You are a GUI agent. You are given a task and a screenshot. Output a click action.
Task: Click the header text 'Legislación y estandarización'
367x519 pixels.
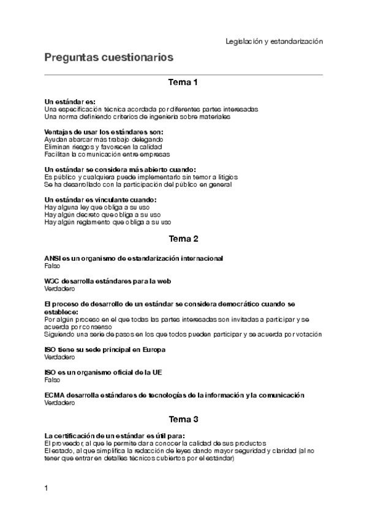pyautogui.click(x=274, y=41)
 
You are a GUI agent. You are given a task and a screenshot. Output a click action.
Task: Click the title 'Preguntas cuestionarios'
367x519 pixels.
pyautogui.click(x=109, y=58)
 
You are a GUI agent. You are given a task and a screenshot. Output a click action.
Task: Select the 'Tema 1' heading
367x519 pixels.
pyautogui.click(x=183, y=82)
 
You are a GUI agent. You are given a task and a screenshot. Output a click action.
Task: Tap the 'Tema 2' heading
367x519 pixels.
pyautogui.click(x=183, y=239)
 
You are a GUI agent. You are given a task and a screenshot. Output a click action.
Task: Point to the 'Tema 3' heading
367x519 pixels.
pyautogui.click(x=183, y=420)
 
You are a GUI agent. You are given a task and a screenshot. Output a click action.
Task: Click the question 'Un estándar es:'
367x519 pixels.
pyautogui.click(x=70, y=102)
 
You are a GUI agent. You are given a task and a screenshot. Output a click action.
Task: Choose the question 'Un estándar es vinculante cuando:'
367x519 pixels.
pyautogui.click(x=100, y=200)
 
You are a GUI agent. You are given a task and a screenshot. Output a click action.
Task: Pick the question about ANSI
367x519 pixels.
pyautogui.click(x=134, y=259)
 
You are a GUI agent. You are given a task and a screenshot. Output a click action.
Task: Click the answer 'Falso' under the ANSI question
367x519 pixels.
pyautogui.click(x=53, y=266)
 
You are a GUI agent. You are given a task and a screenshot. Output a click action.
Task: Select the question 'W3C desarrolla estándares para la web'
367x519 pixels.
pyautogui.click(x=107, y=282)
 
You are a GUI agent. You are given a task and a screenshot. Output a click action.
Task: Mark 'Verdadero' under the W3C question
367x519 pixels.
pyautogui.click(x=60, y=289)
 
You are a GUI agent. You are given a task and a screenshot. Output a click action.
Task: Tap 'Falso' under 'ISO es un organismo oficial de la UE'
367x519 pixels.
pyautogui.click(x=53, y=379)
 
